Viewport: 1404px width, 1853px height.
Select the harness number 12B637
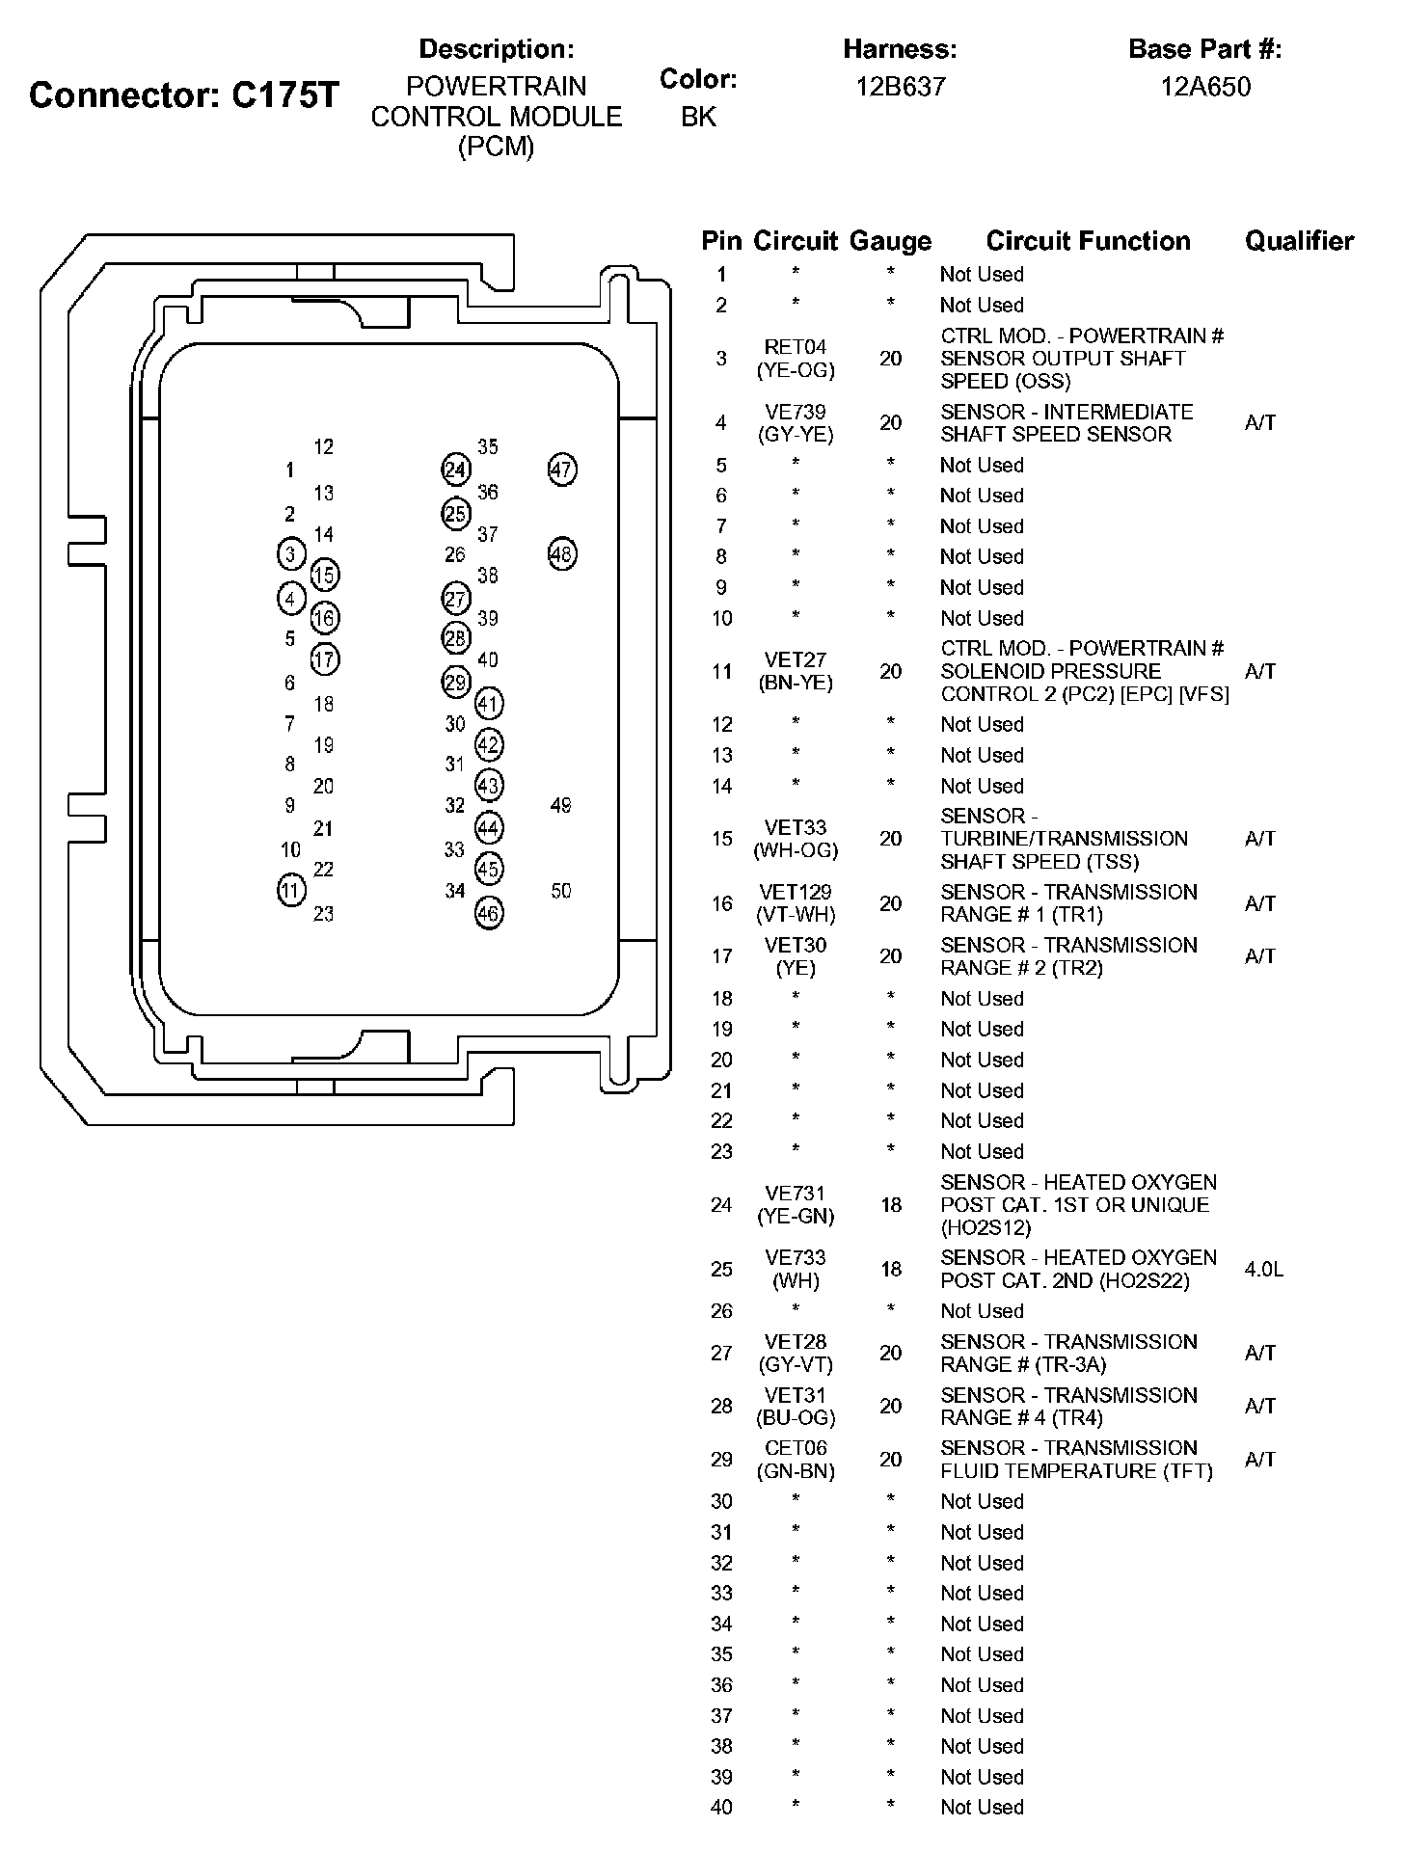901,87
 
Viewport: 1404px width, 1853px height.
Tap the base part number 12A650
1204,87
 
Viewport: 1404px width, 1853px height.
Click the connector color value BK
698,117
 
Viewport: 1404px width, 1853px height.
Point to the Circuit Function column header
1088,241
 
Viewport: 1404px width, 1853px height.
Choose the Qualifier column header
1299,241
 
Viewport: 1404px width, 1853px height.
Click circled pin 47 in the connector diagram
561,470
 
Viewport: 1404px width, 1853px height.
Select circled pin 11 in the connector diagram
290,889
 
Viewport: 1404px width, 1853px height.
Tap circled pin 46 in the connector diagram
489,913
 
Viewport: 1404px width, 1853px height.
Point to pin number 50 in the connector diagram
561,891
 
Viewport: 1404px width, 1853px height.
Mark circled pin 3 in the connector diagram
290,554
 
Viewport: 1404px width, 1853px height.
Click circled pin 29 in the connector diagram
455,683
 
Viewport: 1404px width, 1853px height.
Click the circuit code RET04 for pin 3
796,347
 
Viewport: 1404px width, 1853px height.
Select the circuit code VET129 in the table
796,893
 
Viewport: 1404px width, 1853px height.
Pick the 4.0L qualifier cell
1263,1270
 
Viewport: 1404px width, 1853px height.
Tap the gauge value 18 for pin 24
890,1205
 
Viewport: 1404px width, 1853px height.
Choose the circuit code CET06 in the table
796,1448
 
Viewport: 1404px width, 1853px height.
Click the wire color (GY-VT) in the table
796,1365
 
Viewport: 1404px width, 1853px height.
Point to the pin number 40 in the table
721,1808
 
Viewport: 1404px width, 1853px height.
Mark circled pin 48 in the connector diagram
561,554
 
